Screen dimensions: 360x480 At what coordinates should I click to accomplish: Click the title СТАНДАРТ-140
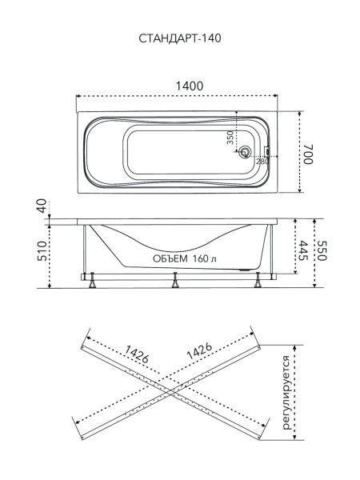pyautogui.click(x=180, y=38)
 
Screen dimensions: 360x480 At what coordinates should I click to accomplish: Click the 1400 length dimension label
pyautogui.click(x=190, y=86)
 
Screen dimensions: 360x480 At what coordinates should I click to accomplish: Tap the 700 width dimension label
pyautogui.click(x=308, y=154)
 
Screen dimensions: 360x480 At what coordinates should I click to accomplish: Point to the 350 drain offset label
pyautogui.click(x=230, y=137)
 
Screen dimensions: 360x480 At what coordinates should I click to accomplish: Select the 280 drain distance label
pyautogui.click(x=262, y=161)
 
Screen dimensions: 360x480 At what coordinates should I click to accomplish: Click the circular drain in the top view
pyautogui.click(x=245, y=151)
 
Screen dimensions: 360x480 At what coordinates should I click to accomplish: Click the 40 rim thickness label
pyautogui.click(x=42, y=206)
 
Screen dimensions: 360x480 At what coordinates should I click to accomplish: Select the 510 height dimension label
pyautogui.click(x=42, y=251)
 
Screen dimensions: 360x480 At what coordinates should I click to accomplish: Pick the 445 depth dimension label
pyautogui.click(x=303, y=250)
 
